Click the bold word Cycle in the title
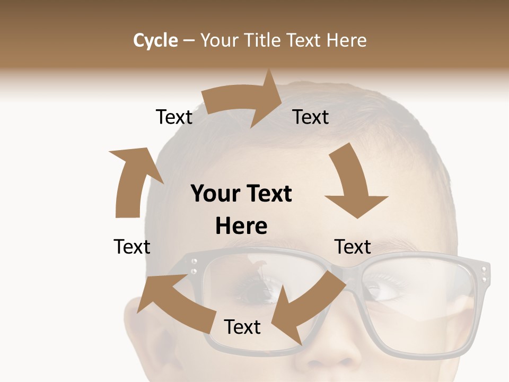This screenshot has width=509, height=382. pyautogui.click(x=155, y=40)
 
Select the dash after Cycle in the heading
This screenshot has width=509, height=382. pyautogui.click(x=189, y=40)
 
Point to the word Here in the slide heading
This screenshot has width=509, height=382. pyautogui.click(x=346, y=40)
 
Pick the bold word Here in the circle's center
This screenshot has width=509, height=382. pyautogui.click(x=241, y=227)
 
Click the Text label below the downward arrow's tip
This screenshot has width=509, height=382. pyautogui.click(x=353, y=247)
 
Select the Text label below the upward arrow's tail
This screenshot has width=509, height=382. pyautogui.click(x=132, y=247)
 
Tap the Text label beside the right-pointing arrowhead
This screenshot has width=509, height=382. pyautogui.click(x=311, y=117)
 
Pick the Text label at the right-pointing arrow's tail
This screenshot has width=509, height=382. pyautogui.click(x=174, y=117)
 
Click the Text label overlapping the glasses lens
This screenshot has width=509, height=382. pyautogui.click(x=242, y=327)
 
